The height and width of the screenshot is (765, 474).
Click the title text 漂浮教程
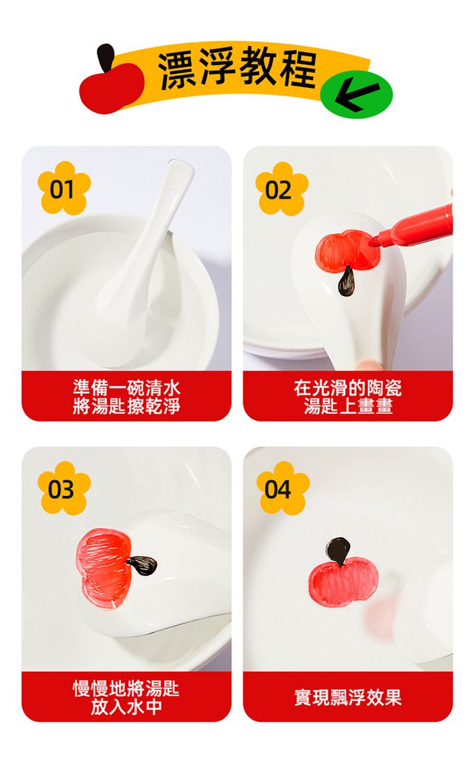pos(238,70)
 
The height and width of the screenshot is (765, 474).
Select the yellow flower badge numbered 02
pos(281,189)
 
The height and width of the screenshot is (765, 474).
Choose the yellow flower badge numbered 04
pos(281,488)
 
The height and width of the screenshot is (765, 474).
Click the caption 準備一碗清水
pos(126,388)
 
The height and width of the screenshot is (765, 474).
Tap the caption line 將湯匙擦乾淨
pos(126,406)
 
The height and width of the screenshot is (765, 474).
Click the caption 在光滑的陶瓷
pos(347,388)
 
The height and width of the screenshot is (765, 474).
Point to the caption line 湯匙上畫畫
pos(347,406)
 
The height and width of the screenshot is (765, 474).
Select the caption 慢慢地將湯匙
pos(126,689)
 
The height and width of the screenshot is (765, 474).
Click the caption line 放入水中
pos(126,707)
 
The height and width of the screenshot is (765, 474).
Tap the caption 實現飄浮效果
pos(347,697)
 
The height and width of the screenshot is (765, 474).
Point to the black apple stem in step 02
pos(346,283)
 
